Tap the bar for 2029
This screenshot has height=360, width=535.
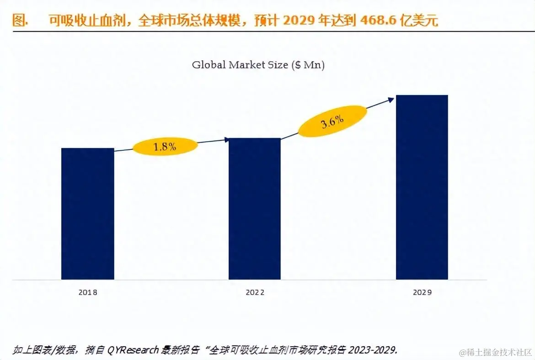pyautogui.click(x=422, y=187)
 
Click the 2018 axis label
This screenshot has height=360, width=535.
pyautogui.click(x=88, y=292)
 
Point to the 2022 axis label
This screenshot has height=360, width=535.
pyautogui.click(x=255, y=292)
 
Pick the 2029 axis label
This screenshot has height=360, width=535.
pyautogui.click(x=422, y=292)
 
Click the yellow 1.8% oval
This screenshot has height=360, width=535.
pyautogui.click(x=165, y=147)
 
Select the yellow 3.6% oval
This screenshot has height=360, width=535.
pyautogui.click(x=332, y=122)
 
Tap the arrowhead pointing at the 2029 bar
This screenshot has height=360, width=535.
pyautogui.click(x=391, y=99)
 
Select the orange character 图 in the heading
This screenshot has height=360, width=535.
pyautogui.click(x=18, y=21)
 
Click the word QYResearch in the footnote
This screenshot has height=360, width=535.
pyautogui.click(x=133, y=350)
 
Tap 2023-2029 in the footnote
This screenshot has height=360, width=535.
pyautogui.click(x=373, y=350)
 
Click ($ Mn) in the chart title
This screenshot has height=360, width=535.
pyautogui.click(x=307, y=65)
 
